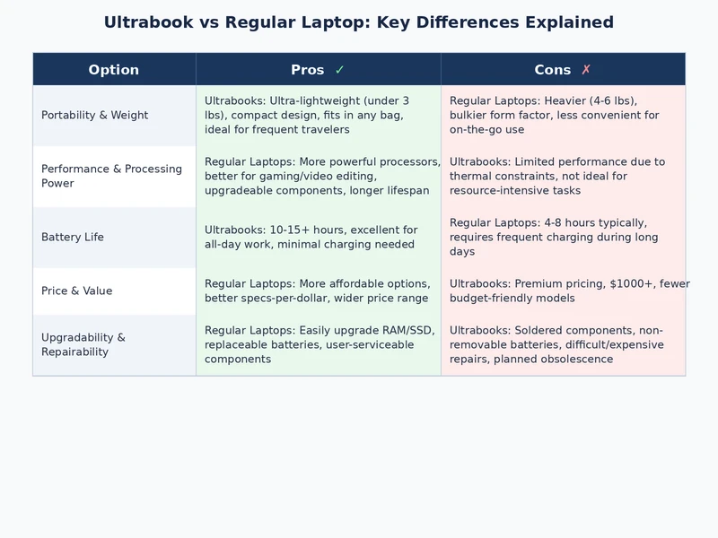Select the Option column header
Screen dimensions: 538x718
pos(114,70)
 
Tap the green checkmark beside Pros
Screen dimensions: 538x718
pos(339,70)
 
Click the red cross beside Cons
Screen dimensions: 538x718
pos(586,70)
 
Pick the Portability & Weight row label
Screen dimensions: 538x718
pos(94,116)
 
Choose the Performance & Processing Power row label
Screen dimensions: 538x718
pos(111,176)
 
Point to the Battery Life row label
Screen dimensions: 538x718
pos(73,238)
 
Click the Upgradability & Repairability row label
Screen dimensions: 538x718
pos(83,344)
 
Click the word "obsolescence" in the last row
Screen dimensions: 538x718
pos(575,360)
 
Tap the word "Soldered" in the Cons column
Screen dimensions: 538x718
pos(540,331)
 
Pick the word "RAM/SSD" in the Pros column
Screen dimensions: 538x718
pos(409,331)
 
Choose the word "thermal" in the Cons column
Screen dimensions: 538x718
pos(470,177)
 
